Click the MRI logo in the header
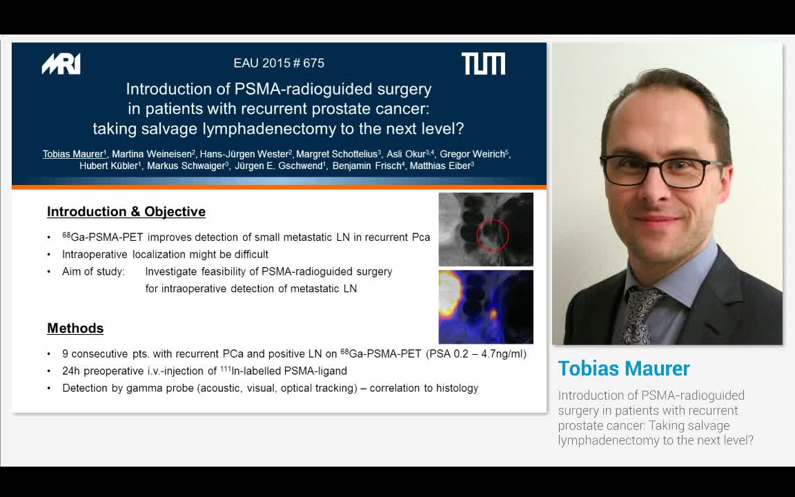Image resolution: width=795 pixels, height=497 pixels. click(x=61, y=64)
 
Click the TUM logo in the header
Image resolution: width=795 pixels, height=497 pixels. click(x=483, y=64)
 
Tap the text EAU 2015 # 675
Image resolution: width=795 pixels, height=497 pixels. click(x=279, y=63)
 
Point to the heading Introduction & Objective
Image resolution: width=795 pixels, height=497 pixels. click(x=126, y=212)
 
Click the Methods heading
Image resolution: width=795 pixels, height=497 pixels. click(x=75, y=329)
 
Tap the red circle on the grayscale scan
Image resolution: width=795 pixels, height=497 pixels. click(x=493, y=235)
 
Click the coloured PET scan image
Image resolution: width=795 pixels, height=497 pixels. click(x=486, y=306)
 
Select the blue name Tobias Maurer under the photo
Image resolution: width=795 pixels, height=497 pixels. click(x=624, y=369)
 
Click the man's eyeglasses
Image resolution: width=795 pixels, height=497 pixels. click(x=660, y=170)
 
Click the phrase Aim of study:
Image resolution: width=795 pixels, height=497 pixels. click(x=93, y=272)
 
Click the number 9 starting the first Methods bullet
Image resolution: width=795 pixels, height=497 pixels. click(x=66, y=354)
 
